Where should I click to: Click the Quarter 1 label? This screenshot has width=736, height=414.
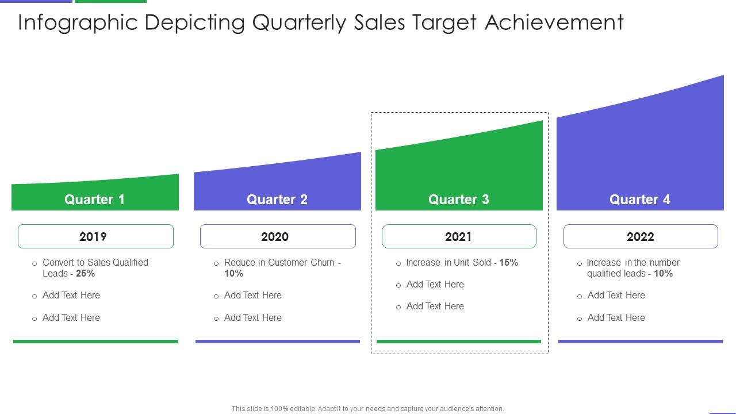click(94, 200)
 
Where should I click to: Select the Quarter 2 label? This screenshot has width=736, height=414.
click(277, 200)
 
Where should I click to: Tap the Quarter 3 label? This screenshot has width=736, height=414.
click(458, 200)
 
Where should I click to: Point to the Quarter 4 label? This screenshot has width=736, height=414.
click(639, 200)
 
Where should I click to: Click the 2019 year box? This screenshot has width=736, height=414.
click(95, 236)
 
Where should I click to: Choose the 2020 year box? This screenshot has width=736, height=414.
click(278, 236)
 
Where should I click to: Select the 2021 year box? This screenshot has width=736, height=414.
click(459, 236)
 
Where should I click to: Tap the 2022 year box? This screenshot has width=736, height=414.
click(641, 236)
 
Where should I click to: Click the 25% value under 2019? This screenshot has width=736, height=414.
click(85, 274)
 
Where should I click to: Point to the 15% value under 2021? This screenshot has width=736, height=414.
click(508, 263)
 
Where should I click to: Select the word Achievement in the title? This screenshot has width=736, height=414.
click(554, 22)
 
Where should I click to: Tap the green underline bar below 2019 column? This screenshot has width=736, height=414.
click(95, 342)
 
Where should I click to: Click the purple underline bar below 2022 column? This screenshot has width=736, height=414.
click(640, 342)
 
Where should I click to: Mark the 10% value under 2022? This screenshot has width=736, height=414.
click(663, 274)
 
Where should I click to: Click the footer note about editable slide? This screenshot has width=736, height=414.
click(367, 409)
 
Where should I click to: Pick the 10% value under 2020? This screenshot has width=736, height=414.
click(233, 274)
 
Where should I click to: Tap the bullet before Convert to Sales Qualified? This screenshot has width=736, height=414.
click(34, 264)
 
